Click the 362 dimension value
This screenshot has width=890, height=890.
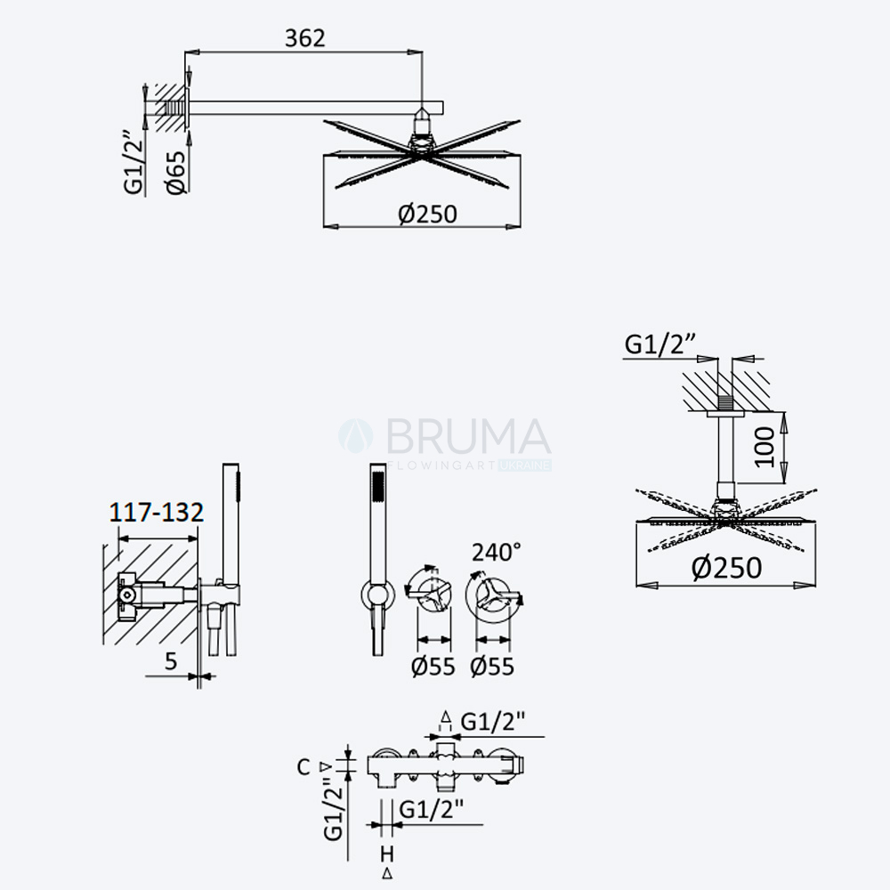(304, 38)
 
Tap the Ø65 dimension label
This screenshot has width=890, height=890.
(176, 173)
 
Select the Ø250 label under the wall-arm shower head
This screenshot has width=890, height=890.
(427, 214)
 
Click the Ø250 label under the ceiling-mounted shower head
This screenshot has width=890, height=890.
(726, 568)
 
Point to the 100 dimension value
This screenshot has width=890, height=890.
(765, 447)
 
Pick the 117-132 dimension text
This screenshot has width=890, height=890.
(156, 513)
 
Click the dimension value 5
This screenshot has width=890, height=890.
(171, 661)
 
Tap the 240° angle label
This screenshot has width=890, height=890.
(497, 552)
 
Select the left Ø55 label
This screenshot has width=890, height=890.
(433, 667)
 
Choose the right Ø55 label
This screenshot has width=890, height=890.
(492, 667)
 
